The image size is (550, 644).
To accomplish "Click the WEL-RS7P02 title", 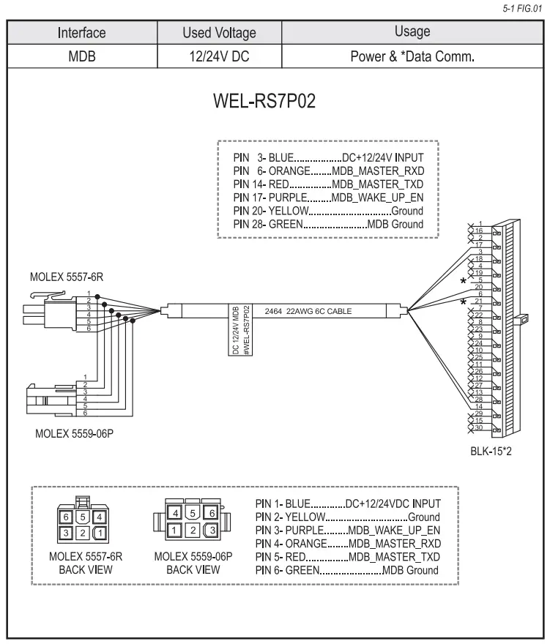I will [x=274, y=101].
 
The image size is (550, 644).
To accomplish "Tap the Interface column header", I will [x=83, y=32].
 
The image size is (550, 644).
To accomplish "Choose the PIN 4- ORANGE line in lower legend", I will [x=348, y=543].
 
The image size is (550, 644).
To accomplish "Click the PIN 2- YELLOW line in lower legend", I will [x=348, y=517].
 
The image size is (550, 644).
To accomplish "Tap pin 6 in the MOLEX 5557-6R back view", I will [x=66, y=516].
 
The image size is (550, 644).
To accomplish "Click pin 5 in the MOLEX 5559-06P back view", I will [x=194, y=513].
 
